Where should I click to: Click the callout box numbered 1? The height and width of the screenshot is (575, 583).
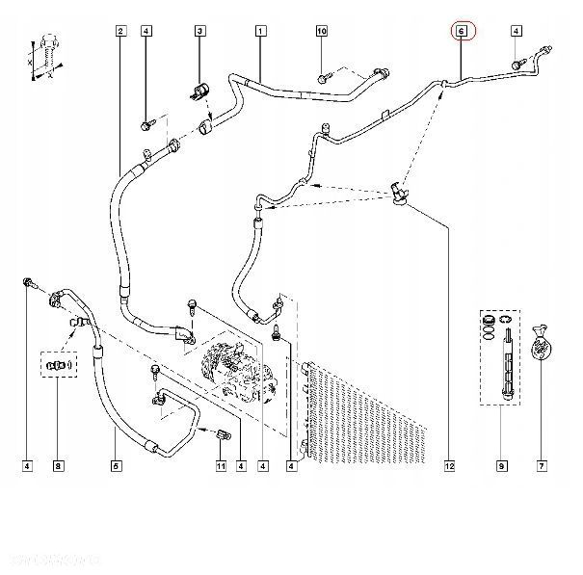tap(260, 32)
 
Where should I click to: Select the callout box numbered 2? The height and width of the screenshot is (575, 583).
tap(119, 32)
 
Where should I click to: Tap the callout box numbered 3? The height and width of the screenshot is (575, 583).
tap(200, 32)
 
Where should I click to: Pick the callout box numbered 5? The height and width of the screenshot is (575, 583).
tap(116, 467)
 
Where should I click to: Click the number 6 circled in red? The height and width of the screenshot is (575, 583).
tap(462, 32)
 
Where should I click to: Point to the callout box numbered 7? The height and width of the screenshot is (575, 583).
tap(543, 467)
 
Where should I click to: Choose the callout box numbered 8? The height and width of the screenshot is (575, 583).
tap(58, 467)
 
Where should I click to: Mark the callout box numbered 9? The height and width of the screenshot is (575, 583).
tap(501, 467)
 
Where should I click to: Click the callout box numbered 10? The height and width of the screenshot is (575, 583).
tap(322, 32)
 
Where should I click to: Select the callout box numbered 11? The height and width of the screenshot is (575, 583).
tap(220, 467)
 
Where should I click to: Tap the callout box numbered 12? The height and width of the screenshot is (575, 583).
tap(449, 467)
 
